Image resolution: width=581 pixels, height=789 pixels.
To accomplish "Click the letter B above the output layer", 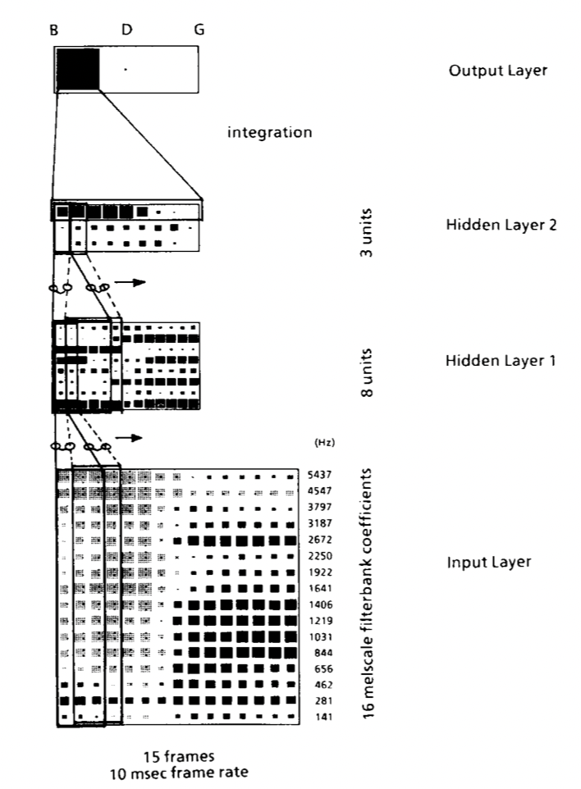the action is click(x=54, y=30).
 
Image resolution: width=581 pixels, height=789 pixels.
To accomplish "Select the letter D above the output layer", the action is click(x=126, y=30).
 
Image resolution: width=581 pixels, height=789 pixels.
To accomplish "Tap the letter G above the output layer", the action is click(x=199, y=30).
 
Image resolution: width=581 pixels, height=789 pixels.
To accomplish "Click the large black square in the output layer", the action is click(x=77, y=70).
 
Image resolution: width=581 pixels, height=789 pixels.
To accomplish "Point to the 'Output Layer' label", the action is click(x=498, y=71).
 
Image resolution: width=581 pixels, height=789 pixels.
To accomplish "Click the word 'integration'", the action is click(x=269, y=132).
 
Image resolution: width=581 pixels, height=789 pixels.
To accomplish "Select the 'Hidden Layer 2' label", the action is click(x=501, y=225).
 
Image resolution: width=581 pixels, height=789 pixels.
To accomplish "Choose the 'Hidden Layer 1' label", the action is click(x=501, y=360).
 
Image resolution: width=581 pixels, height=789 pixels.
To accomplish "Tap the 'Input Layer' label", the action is click(x=489, y=562).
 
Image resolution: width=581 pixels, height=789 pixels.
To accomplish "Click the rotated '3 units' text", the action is click(x=367, y=232).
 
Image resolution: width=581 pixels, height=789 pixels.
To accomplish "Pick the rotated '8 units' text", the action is click(x=367, y=372).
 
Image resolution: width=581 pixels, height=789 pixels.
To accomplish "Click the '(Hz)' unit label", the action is click(x=324, y=442).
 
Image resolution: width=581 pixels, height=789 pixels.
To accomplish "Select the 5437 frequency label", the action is click(x=320, y=475).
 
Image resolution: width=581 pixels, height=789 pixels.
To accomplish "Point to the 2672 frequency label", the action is click(x=320, y=540).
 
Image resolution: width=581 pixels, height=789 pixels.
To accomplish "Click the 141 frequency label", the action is click(x=323, y=717).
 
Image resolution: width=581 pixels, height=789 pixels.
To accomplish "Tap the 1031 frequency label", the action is click(x=320, y=637).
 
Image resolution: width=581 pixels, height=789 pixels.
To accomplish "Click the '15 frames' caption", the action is click(x=179, y=756).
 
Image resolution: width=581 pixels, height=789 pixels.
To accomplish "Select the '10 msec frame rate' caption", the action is click(x=179, y=773).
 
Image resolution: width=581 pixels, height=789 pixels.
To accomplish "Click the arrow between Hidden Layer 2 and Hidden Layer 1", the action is click(x=130, y=282).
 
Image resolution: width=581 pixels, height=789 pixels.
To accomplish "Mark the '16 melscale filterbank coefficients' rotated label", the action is click(x=368, y=594).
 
